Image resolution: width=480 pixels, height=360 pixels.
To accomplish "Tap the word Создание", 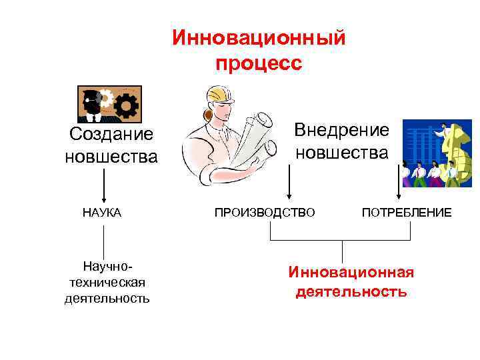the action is point(111,135).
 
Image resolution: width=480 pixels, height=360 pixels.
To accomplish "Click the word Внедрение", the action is point(341,129).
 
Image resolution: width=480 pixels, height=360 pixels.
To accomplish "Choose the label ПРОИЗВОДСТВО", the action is point(264,213).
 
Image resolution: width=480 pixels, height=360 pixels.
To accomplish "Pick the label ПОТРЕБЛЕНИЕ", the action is point(406,213).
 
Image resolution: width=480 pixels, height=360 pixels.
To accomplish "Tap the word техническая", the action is point(107,283).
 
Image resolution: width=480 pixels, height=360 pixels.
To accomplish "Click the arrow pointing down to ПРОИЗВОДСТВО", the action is point(289,183).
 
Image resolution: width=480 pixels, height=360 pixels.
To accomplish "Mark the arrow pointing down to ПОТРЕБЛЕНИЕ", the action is point(399,183).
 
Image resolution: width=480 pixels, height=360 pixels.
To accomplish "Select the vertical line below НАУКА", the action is point(103,240).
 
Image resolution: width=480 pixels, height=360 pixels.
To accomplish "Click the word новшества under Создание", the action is point(111,157).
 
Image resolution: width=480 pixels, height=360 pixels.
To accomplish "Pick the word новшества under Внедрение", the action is point(341,153).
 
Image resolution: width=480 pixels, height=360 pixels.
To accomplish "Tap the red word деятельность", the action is point(351,291).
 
